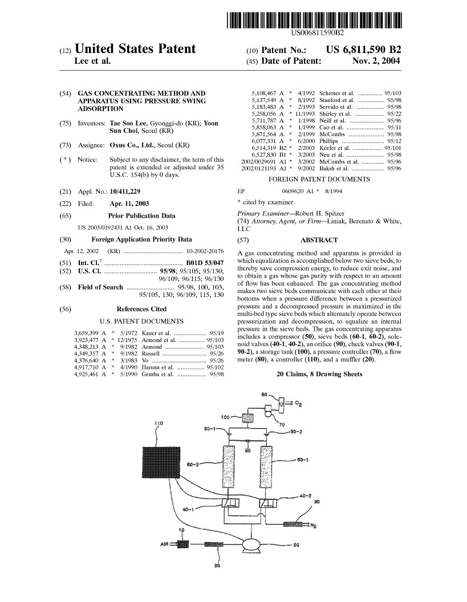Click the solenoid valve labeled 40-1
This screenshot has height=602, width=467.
tap(230, 503)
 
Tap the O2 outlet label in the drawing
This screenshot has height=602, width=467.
tap(298, 404)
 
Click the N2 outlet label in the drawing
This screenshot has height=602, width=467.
tap(313, 526)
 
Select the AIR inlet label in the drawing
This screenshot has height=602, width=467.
tap(165, 544)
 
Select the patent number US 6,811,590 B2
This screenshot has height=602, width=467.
tap(363, 50)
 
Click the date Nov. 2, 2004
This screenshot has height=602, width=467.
tap(376, 60)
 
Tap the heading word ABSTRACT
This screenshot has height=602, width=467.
tap(319, 240)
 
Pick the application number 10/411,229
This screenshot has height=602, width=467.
tap(125, 191)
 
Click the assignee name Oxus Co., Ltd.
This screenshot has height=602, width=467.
tap(132, 145)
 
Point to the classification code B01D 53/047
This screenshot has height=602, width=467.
tap(205, 263)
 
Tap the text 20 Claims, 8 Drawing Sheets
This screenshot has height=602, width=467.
tap(319, 374)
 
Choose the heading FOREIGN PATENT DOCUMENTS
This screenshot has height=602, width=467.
tap(319, 180)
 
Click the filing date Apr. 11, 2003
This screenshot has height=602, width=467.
tap(129, 204)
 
